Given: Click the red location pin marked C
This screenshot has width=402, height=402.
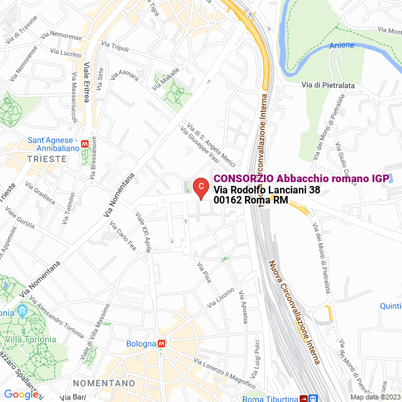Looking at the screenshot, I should click(x=200, y=187).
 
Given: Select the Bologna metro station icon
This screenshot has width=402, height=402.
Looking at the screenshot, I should click(x=161, y=344).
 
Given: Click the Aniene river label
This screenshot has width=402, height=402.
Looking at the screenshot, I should click(x=342, y=45).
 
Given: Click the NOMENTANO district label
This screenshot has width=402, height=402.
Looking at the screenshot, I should click(x=104, y=383).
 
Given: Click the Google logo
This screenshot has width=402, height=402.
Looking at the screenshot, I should click(x=21, y=394).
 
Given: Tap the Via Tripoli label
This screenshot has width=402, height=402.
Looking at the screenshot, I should click(x=114, y=47).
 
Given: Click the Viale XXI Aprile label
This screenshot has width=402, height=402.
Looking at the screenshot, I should click(x=144, y=232).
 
